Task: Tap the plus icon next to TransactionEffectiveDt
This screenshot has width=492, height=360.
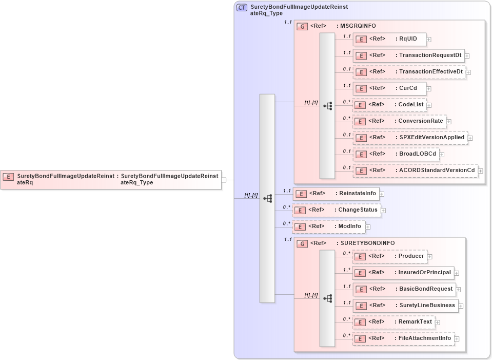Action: point(468,72)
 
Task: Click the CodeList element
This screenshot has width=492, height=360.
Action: point(389,105)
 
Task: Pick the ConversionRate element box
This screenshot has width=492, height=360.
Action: point(399,121)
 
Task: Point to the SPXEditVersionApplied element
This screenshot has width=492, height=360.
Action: point(410,138)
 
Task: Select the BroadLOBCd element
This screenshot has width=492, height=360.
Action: point(396,154)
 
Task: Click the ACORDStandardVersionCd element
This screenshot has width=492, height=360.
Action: point(415,170)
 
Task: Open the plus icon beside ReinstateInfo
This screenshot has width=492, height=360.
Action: point(382,194)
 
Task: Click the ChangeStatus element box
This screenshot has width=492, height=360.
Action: point(336,210)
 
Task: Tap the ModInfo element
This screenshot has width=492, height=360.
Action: point(328,226)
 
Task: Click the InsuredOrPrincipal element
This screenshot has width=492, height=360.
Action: point(403,273)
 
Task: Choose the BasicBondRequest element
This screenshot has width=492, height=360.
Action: point(404,289)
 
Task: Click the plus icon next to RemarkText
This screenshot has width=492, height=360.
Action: point(438,323)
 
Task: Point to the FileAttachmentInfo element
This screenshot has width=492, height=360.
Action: point(403,338)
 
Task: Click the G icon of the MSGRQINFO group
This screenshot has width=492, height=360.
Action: point(303,26)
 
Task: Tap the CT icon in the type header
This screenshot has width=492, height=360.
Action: point(242,8)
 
